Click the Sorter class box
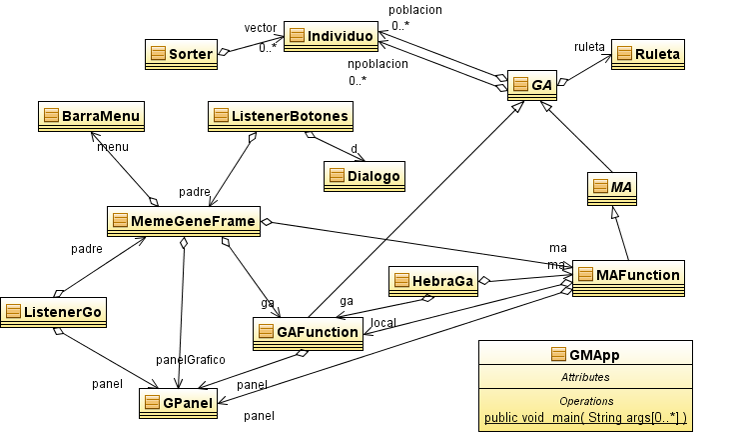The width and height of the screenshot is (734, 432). pos(181,55)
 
